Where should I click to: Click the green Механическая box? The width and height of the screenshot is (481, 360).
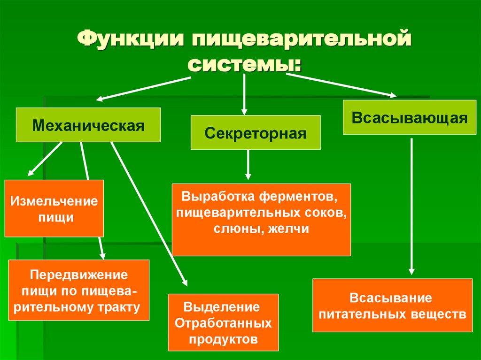tap(88, 125)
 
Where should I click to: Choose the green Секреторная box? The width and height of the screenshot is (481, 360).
tap(256, 133)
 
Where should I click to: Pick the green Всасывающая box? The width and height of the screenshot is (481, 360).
tap(410, 117)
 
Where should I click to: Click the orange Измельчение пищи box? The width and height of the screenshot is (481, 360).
tap(54, 208)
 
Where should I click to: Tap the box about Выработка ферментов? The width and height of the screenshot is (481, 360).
tap(261, 219)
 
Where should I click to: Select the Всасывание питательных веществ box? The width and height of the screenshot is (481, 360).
tap(392, 305)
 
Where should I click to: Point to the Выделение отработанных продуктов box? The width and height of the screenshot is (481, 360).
tap(223, 323)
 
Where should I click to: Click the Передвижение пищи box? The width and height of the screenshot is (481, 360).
tap(79, 290)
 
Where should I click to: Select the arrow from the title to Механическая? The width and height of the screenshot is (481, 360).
tap(146, 88)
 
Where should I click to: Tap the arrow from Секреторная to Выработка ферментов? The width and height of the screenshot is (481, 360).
tap(248, 164)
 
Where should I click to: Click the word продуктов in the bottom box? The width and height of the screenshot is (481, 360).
tap(223, 339)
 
